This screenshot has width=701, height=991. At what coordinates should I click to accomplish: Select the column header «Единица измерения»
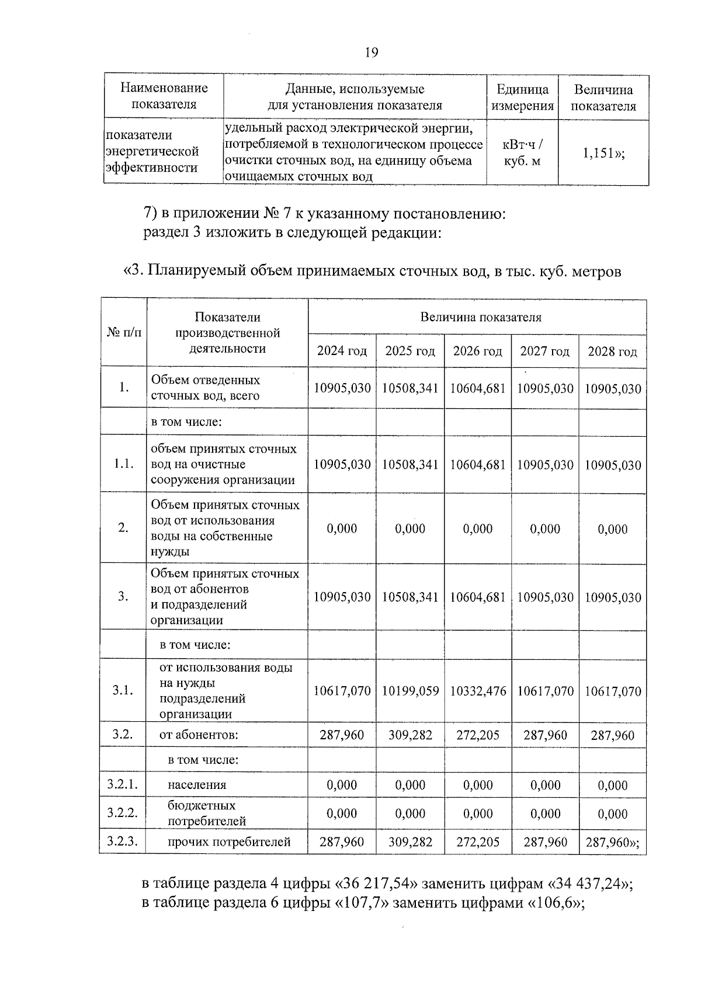pyautogui.click(x=522, y=98)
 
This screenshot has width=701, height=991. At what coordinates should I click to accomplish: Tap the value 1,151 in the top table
pyautogui.click(x=603, y=153)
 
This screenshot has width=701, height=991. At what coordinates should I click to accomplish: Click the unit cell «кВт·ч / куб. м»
pyautogui.click(x=522, y=152)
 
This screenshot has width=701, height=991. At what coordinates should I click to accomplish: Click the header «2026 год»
pyautogui.click(x=477, y=351)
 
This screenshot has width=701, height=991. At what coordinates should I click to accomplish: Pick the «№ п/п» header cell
pyautogui.click(x=123, y=332)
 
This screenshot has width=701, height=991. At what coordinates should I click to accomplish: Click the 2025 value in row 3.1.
pyautogui.click(x=410, y=691)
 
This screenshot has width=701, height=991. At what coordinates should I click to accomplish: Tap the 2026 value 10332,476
pyautogui.click(x=478, y=691)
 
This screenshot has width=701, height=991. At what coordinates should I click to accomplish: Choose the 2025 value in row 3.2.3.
pyautogui.click(x=410, y=842)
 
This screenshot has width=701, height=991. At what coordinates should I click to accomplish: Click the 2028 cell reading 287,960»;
pyautogui.click(x=612, y=842)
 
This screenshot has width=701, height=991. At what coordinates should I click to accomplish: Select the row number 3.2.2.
pyautogui.click(x=122, y=813)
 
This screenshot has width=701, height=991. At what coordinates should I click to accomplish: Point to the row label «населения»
pyautogui.click(x=197, y=785)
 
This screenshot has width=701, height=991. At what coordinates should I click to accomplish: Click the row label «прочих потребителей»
pyautogui.click(x=228, y=842)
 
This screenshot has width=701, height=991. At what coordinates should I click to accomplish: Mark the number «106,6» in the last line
pyautogui.click(x=555, y=903)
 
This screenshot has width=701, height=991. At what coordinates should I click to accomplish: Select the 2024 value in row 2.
pyautogui.click(x=342, y=528)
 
